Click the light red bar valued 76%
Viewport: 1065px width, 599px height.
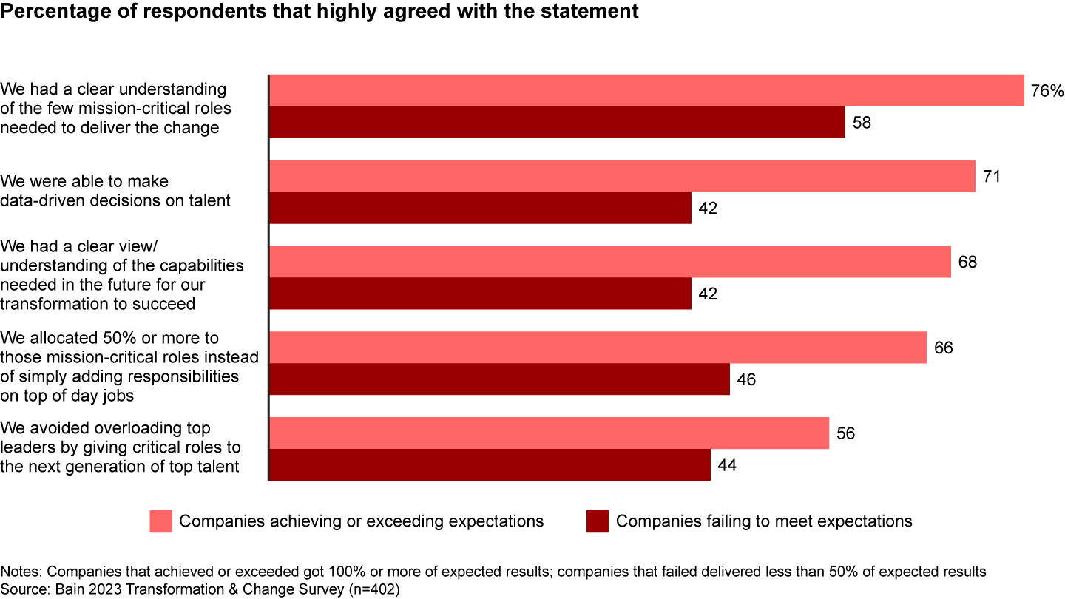[x=646, y=90]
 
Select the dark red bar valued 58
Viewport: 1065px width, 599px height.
[x=557, y=122]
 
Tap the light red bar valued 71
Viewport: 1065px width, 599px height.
[x=622, y=176]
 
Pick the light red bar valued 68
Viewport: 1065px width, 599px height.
[x=609, y=262]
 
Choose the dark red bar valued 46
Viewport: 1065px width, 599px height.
[x=499, y=379]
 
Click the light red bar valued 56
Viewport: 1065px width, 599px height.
[x=549, y=433]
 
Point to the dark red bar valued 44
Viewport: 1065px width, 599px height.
[x=490, y=464]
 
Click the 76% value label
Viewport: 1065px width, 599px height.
[x=1047, y=91]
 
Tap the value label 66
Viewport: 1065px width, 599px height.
[x=944, y=348]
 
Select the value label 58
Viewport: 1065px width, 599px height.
[x=862, y=123]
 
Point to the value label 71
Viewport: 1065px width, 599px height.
[x=993, y=177]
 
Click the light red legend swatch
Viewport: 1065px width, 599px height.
[x=161, y=521]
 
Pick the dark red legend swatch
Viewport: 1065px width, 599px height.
[x=598, y=521]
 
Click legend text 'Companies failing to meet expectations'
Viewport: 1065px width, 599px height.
[x=764, y=521]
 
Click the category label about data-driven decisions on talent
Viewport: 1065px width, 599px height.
[x=115, y=191]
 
